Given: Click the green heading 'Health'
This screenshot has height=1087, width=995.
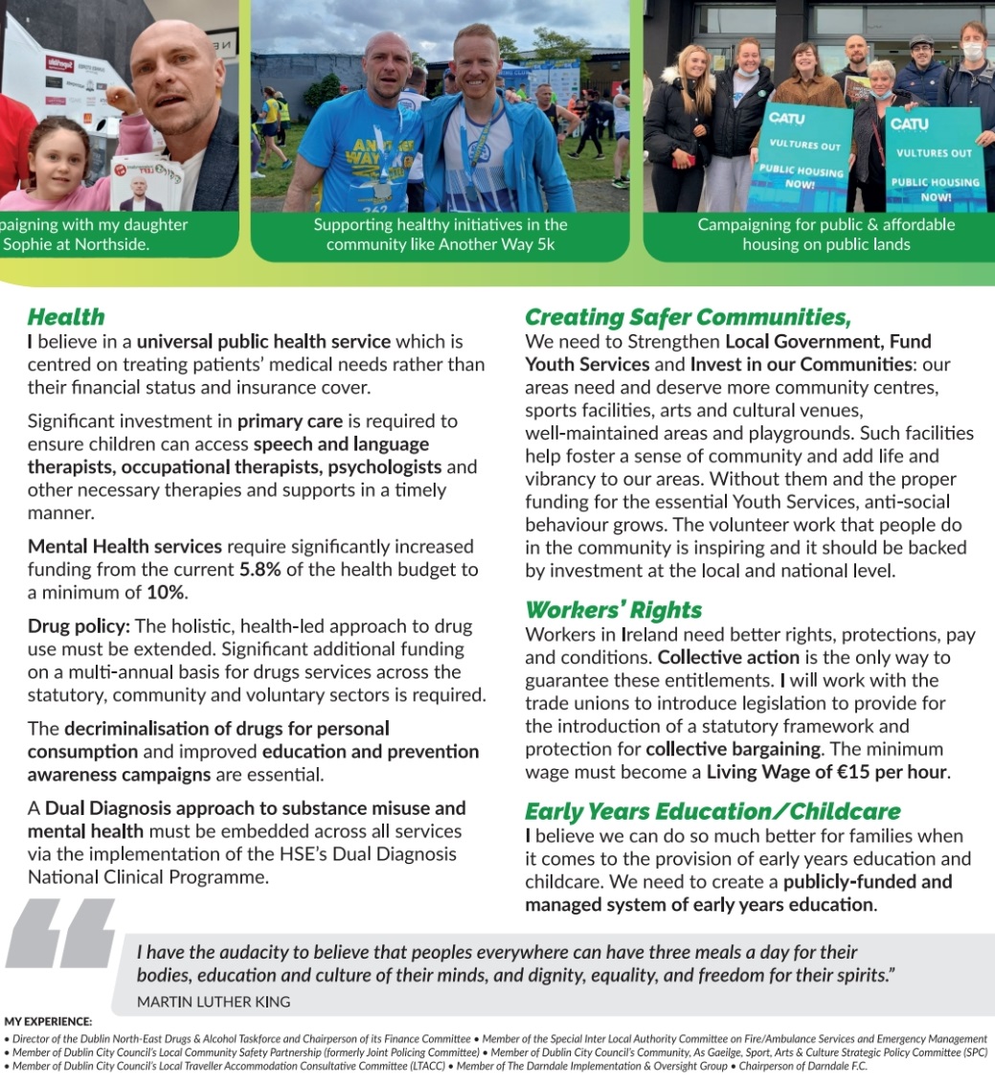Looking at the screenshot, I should coord(66,317).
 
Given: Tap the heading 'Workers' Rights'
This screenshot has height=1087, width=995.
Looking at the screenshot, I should coord(613,610).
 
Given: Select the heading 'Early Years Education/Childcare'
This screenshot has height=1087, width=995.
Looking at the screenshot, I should coord(712,812).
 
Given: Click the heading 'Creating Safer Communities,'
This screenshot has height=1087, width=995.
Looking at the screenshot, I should coord(688,317).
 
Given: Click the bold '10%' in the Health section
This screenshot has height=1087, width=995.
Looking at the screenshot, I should coord(164,593).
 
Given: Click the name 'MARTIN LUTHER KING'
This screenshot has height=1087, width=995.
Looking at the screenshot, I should coord(214,1001).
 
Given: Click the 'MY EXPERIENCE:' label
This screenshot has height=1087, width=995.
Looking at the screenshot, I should coord(49,1022).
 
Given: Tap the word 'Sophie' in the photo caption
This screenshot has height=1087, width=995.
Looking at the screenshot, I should coord(28,244).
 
